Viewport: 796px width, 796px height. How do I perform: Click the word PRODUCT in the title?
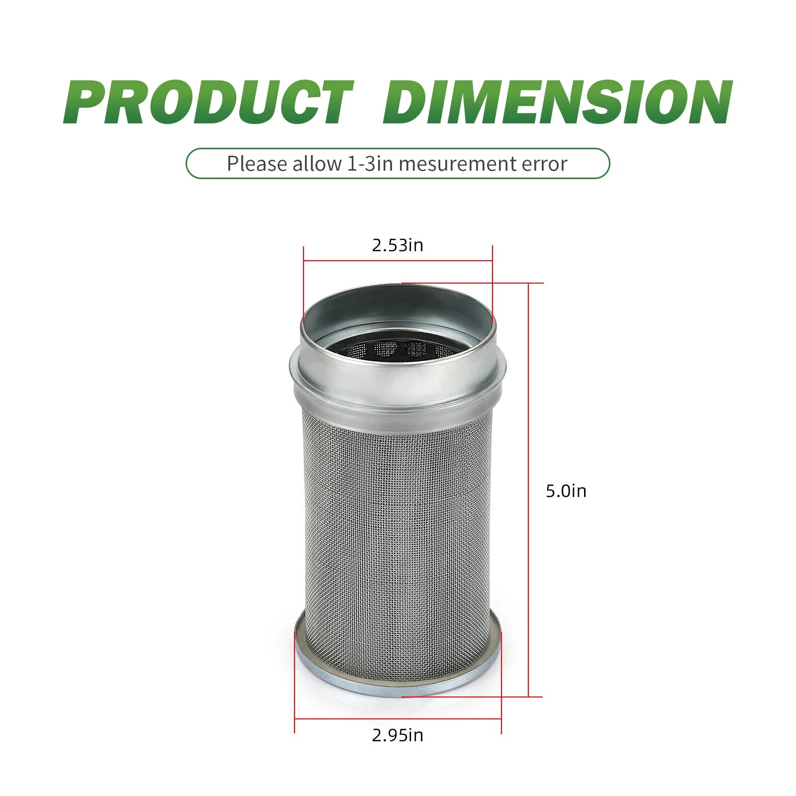click(x=208, y=102)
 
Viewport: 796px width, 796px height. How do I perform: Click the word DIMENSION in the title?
click(x=558, y=102)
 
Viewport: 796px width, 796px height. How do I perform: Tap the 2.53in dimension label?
click(x=398, y=245)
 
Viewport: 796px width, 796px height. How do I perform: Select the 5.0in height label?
click(x=566, y=491)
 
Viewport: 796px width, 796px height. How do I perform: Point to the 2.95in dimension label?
click(x=398, y=735)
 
